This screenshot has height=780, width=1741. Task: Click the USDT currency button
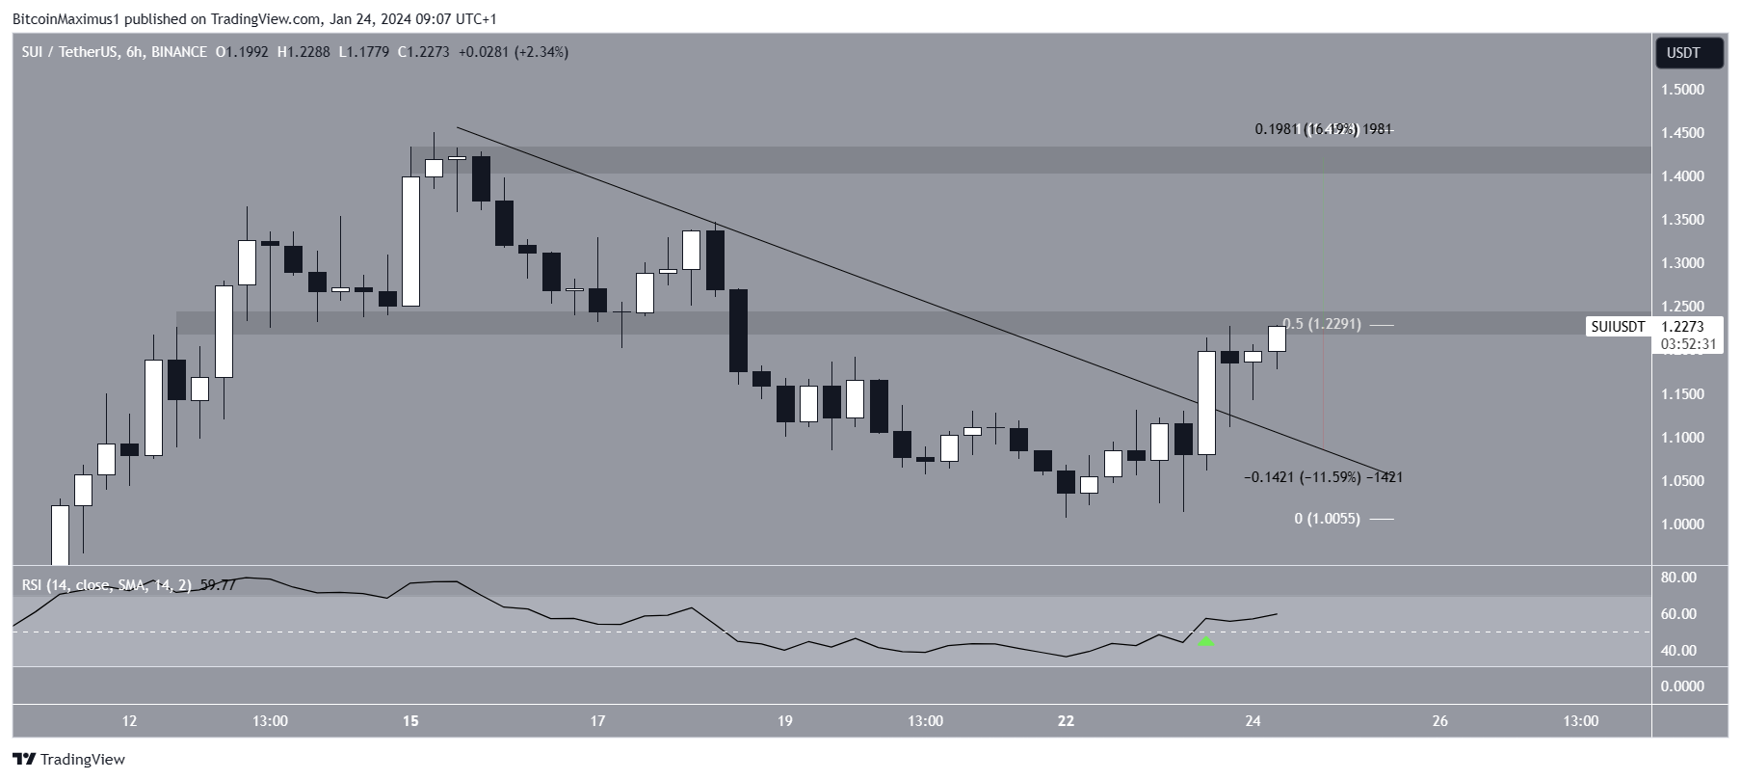click(x=1683, y=53)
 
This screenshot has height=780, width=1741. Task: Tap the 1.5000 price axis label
click(x=1681, y=90)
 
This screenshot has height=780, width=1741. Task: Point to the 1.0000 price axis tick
click(x=1681, y=524)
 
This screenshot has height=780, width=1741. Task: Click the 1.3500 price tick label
click(x=1681, y=220)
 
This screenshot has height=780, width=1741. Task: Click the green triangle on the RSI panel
click(x=1206, y=640)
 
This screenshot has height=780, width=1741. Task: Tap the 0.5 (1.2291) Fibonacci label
click(x=1321, y=325)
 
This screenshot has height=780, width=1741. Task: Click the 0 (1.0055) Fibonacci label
click(x=1327, y=519)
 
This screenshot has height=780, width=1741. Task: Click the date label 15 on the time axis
click(x=411, y=721)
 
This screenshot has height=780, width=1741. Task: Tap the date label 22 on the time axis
click(x=1066, y=721)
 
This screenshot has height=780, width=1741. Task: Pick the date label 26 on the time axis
click(x=1439, y=721)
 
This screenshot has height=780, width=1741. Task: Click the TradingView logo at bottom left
click(x=68, y=760)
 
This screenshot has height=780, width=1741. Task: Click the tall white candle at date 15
click(x=410, y=241)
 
